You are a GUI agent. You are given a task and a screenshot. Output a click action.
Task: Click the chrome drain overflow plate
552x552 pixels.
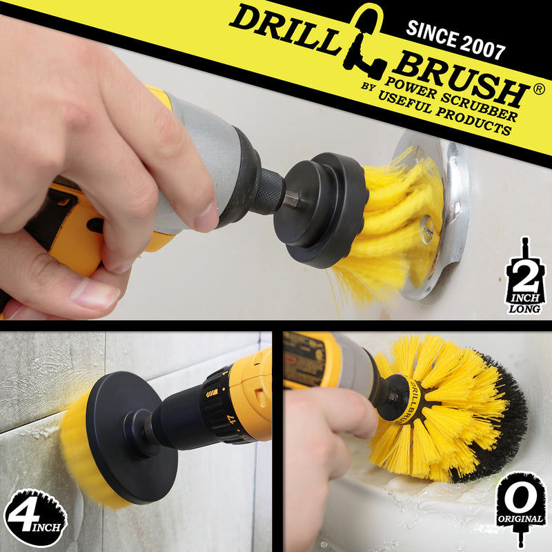452,207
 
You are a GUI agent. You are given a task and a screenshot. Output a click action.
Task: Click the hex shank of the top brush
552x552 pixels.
292,200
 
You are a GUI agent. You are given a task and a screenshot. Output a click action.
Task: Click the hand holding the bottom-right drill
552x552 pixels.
324,442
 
